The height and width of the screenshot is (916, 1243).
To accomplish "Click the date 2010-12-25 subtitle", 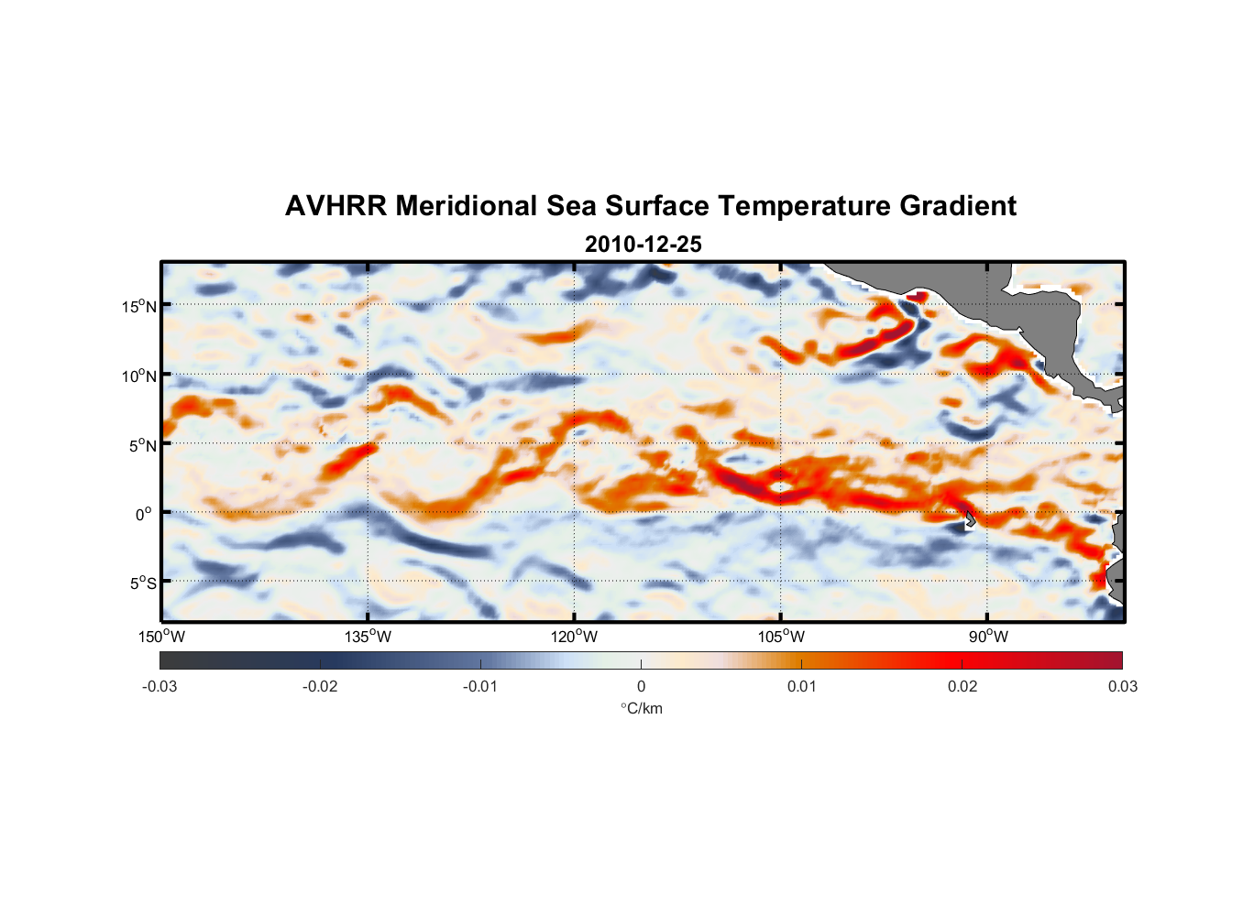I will pyautogui.click(x=643, y=245).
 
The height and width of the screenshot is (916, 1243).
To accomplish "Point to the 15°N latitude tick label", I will pyautogui.click(x=139, y=306).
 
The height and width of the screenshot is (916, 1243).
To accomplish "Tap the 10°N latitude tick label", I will pyautogui.click(x=139, y=376).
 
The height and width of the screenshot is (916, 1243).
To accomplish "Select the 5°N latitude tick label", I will pyautogui.click(x=142, y=445).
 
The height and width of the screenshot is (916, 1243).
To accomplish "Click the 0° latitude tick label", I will pyautogui.click(x=144, y=514).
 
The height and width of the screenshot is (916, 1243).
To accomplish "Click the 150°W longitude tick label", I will pyautogui.click(x=161, y=637).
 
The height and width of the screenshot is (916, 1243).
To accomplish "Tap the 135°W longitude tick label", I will pyautogui.click(x=368, y=637).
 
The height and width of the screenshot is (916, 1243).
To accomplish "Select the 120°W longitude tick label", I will pyautogui.click(x=574, y=637).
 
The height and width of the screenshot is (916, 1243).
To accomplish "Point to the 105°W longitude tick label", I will pyautogui.click(x=781, y=637).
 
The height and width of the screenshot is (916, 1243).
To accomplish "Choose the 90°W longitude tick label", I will pyautogui.click(x=988, y=637).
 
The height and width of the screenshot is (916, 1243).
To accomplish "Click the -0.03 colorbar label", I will pyautogui.click(x=159, y=686).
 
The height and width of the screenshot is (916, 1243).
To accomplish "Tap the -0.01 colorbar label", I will pyautogui.click(x=480, y=686).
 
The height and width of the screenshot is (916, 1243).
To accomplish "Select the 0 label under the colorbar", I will pyautogui.click(x=641, y=686).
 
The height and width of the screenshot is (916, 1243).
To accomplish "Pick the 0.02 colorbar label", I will pyautogui.click(x=962, y=686).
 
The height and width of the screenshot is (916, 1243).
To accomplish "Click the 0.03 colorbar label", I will pyautogui.click(x=1122, y=686).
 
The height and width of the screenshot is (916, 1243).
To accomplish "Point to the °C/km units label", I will pyautogui.click(x=641, y=708).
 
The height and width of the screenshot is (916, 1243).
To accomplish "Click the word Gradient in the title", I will pyautogui.click(x=958, y=206).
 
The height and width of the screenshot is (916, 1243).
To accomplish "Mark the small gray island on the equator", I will pyautogui.click(x=970, y=518).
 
